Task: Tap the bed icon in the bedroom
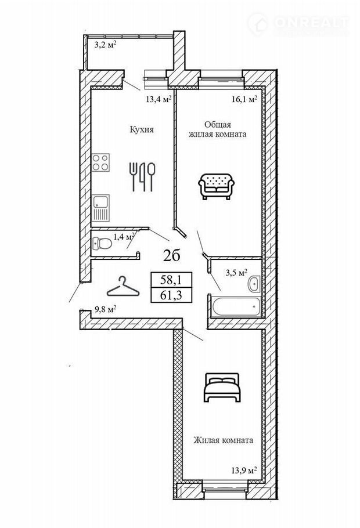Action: (222, 387)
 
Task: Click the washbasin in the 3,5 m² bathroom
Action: (254, 284)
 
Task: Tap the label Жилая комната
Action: (223, 440)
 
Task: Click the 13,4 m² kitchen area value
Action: (157, 99)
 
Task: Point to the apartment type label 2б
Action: (171, 254)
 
